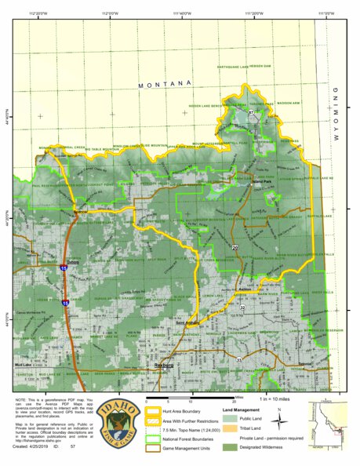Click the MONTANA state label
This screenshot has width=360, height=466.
pos(165,84)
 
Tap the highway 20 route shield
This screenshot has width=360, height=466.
pos(235,248)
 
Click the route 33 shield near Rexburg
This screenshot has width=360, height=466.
pos(239,359)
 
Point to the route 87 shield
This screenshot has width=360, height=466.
pos(251,114)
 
